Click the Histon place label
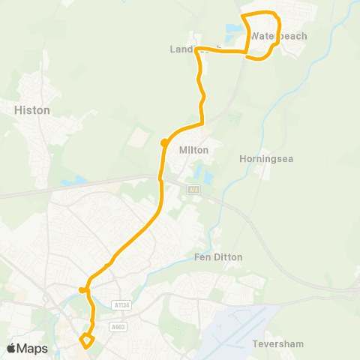(32, 110)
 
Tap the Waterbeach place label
(278, 36)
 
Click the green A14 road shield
(194, 190)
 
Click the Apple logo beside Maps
(12, 348)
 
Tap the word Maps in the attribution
(33, 348)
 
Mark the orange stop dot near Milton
(163, 142)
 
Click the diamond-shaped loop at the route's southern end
(86, 341)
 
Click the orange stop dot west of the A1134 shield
(83, 289)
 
